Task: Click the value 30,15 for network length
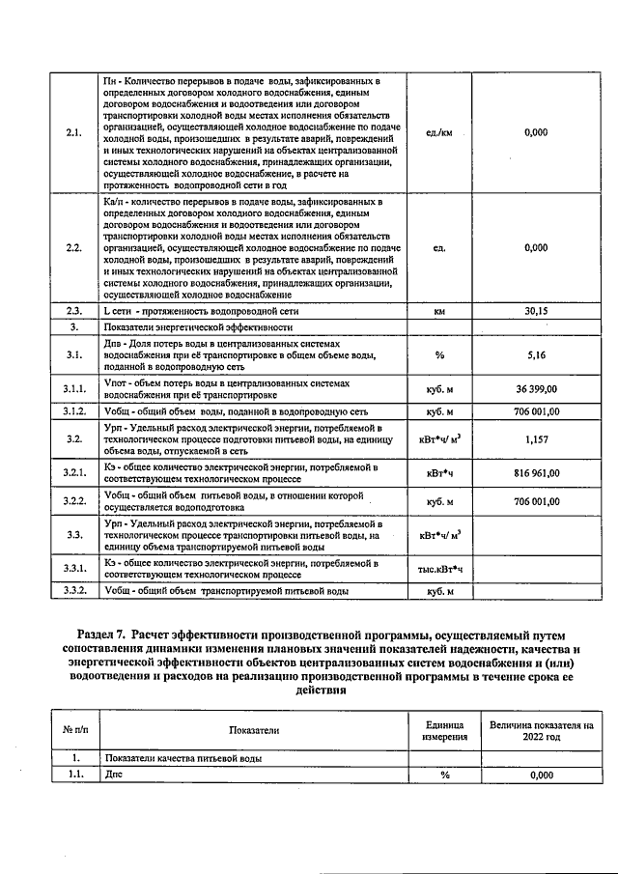(535, 312)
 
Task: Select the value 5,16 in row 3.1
(536, 354)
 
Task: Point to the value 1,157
(536, 438)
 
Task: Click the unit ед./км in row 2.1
(439, 132)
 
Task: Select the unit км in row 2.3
(439, 312)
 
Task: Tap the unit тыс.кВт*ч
(439, 570)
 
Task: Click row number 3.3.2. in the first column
(75, 590)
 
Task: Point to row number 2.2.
(75, 248)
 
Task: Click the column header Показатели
(255, 731)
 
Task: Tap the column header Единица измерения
(445, 731)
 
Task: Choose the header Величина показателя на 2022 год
(541, 731)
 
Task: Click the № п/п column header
(75, 731)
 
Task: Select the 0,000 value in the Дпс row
(541, 775)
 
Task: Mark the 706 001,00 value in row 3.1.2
(536, 410)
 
